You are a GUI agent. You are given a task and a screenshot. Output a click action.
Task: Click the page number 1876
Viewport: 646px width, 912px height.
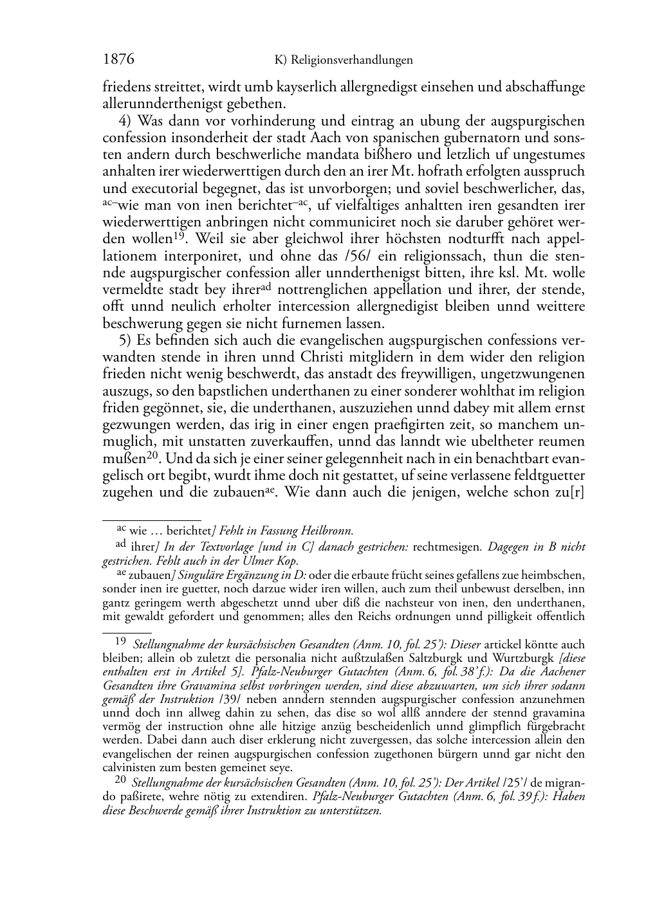pyautogui.click(x=118, y=60)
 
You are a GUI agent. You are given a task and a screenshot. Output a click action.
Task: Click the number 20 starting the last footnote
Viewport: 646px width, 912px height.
pyautogui.click(x=120, y=780)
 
